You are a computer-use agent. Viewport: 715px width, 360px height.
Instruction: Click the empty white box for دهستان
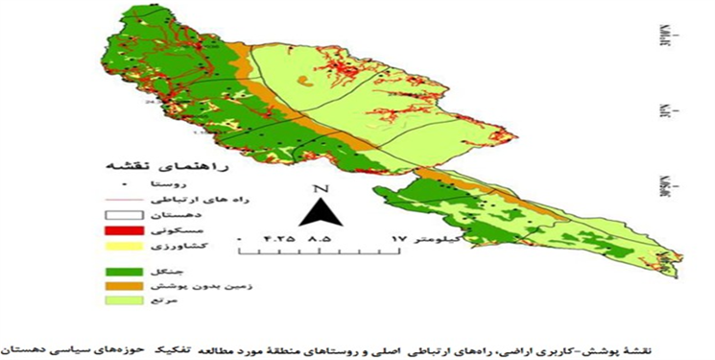click(x=124, y=214)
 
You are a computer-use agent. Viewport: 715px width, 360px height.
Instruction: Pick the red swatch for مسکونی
click(x=124, y=230)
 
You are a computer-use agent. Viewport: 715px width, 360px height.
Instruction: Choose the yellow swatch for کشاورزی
click(x=124, y=246)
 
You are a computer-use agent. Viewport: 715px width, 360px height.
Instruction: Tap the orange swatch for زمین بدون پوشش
click(x=124, y=285)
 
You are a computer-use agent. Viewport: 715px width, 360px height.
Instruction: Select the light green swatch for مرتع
click(x=124, y=301)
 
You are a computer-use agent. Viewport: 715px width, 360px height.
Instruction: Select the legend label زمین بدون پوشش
click(x=192, y=285)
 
